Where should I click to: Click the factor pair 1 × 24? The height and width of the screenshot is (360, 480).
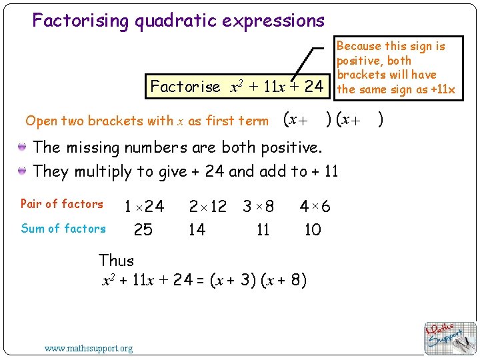(144, 206)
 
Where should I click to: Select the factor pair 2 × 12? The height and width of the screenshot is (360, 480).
(207, 206)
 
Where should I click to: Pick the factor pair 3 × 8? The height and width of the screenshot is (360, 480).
(258, 206)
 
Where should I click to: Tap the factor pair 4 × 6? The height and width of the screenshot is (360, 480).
(315, 206)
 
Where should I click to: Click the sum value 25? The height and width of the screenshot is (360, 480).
(143, 230)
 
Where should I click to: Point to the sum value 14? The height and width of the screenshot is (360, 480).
(197, 230)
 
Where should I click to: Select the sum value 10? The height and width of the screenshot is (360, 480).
(312, 230)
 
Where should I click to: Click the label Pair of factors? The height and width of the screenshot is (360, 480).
(62, 204)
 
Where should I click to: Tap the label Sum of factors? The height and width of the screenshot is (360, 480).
(63, 229)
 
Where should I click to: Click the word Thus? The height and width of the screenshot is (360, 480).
(116, 261)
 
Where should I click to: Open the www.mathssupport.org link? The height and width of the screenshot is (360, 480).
(88, 348)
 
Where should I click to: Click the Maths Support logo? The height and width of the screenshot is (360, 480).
(450, 337)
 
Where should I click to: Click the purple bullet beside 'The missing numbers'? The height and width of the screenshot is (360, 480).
(23, 147)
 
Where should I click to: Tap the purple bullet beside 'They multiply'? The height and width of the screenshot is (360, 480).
(23, 171)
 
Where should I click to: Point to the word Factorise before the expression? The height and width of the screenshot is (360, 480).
(185, 87)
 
